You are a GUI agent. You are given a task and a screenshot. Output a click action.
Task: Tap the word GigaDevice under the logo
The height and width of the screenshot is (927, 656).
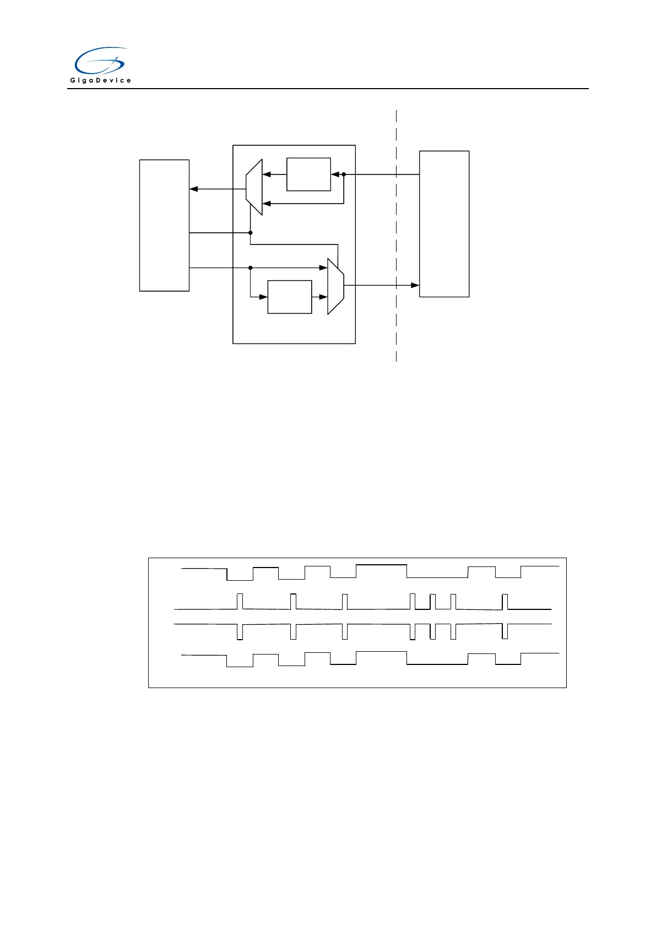point(100,80)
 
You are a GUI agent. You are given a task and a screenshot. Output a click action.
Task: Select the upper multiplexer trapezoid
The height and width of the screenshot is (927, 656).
point(254,187)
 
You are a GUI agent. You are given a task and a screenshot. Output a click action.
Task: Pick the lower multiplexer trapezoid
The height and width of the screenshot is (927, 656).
point(335,286)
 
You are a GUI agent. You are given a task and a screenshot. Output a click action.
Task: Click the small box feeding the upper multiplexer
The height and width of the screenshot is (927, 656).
point(308,175)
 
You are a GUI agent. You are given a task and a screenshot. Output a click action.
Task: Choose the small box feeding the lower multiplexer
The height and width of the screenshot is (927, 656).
point(289,297)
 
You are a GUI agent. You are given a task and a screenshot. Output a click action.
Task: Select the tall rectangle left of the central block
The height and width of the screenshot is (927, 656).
point(164,225)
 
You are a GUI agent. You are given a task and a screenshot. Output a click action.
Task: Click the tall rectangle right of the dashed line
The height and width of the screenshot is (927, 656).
point(444,223)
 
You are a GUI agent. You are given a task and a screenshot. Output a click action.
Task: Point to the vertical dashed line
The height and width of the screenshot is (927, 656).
point(396,237)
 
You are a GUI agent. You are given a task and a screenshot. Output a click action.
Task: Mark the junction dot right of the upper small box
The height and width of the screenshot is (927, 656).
point(344,175)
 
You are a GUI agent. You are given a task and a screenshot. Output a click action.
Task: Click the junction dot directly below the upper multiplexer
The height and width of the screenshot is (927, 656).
point(250,233)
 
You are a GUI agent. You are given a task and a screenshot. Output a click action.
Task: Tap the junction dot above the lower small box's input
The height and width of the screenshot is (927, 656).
point(250,268)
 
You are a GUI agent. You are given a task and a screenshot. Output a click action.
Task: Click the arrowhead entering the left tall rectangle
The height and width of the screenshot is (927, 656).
point(193,189)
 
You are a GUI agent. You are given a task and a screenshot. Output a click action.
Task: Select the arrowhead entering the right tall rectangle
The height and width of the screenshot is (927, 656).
point(415,285)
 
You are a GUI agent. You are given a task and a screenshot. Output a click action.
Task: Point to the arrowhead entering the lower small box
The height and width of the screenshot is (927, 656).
point(264,297)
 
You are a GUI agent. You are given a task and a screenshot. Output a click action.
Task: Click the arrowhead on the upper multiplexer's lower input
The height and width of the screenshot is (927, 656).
point(266,204)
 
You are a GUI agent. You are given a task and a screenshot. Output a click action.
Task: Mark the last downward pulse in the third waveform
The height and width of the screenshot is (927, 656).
point(505,631)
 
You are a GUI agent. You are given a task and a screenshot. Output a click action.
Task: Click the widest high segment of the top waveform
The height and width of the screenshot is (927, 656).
point(381,565)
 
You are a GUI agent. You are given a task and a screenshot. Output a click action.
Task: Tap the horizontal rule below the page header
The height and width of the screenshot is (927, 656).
point(328,89)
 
